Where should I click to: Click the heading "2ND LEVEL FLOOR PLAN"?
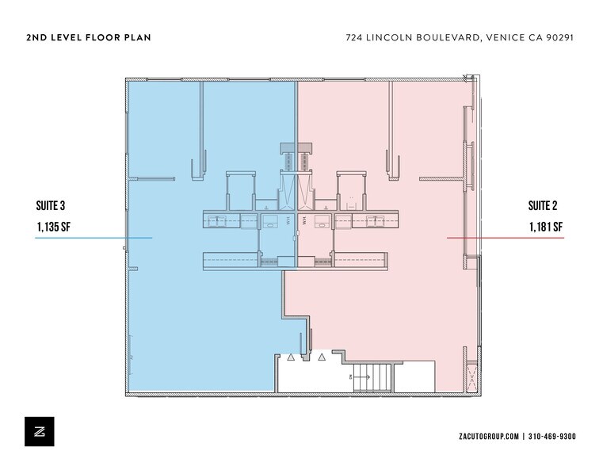coord(88,37)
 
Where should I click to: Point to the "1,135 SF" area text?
coord(55,227)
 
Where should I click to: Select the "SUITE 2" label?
coord(543,206)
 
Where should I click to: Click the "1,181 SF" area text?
coord(545,227)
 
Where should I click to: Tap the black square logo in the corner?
coord(40,430)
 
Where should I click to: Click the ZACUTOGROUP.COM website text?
coord(489,437)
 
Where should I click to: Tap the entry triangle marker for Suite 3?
coord(291,357)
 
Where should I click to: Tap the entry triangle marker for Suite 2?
coord(321,357)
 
